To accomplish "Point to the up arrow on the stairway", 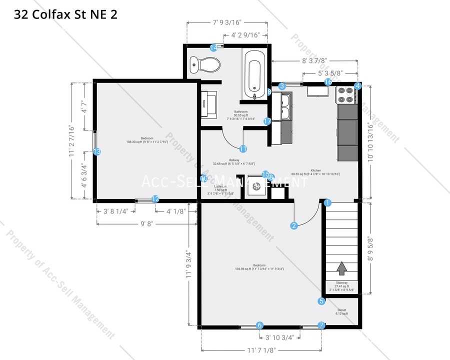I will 341,268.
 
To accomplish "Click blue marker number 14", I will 213,47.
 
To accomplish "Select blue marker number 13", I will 97,151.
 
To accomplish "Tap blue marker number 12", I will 155,199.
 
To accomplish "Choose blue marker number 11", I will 243,148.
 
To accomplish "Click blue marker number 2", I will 294,225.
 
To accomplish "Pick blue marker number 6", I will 259,325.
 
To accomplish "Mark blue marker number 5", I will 321,301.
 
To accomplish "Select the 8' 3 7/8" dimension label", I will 314,60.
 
